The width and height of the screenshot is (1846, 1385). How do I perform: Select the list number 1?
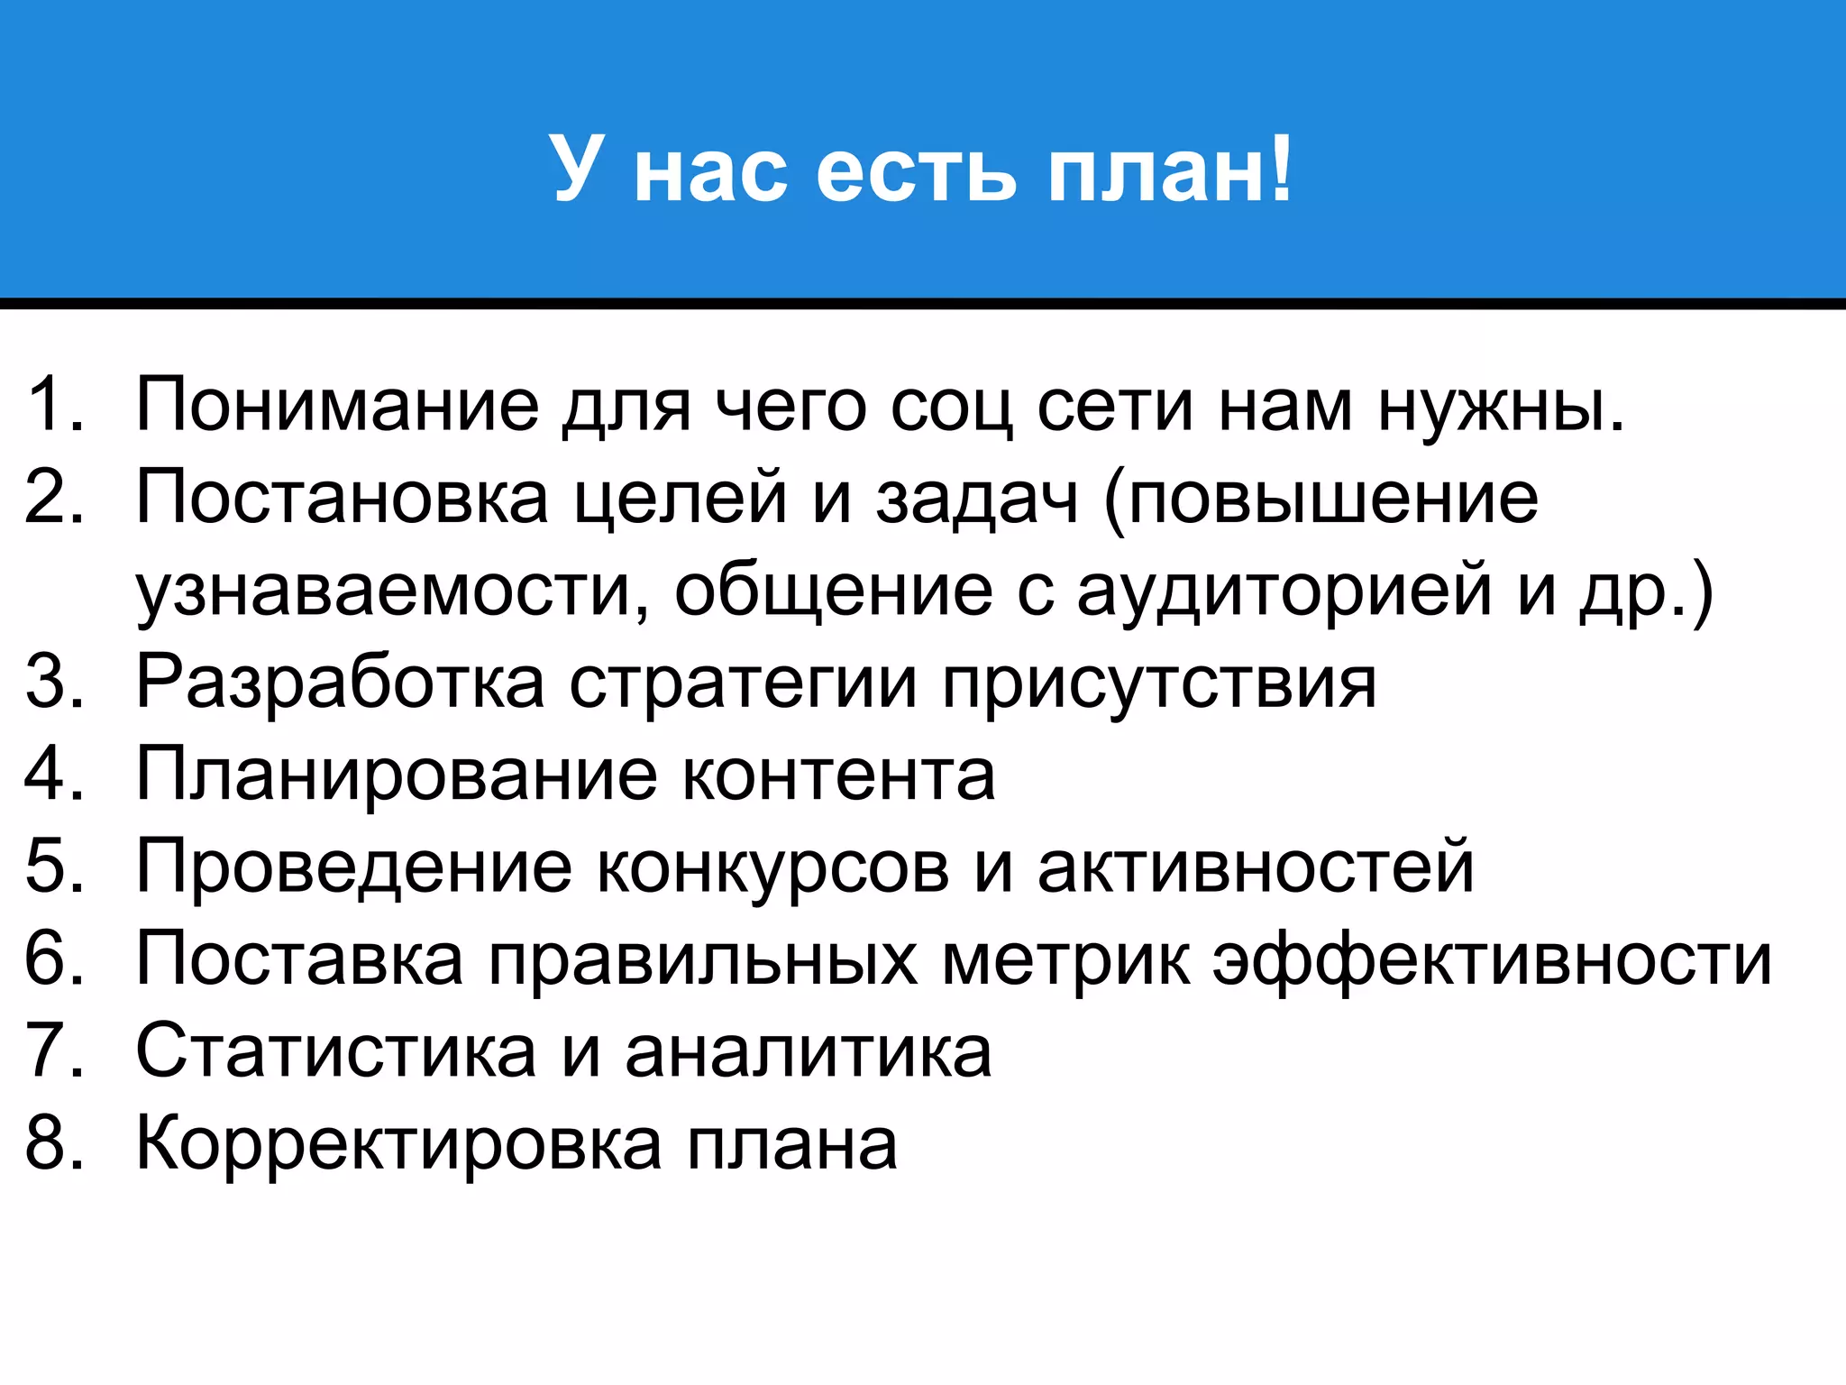54,405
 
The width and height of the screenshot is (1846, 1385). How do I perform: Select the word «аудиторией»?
1284,592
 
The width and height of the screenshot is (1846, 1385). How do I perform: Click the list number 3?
54,682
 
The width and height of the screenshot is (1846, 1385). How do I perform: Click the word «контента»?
838,775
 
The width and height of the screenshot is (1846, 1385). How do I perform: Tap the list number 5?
54,867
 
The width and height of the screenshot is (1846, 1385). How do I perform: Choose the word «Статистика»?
336,1051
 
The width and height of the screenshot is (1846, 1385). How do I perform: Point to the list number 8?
54,1143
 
